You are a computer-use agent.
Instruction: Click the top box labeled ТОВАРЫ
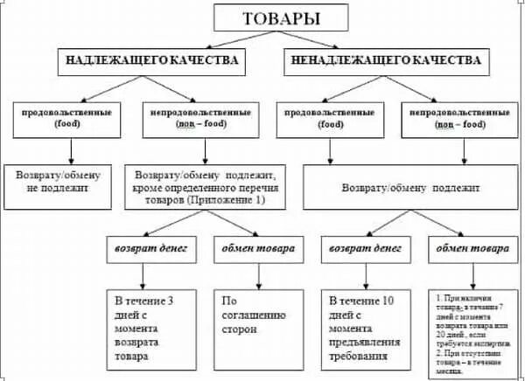pyautogui.click(x=264, y=18)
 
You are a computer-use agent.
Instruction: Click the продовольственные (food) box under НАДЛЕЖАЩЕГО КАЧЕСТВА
pyautogui.click(x=55, y=120)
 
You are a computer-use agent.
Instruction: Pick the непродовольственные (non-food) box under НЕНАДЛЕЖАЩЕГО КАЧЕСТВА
pyautogui.click(x=458, y=120)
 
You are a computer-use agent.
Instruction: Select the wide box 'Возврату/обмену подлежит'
pyautogui.click(x=409, y=188)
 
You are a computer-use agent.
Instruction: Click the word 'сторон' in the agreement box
pyautogui.click(x=239, y=330)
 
